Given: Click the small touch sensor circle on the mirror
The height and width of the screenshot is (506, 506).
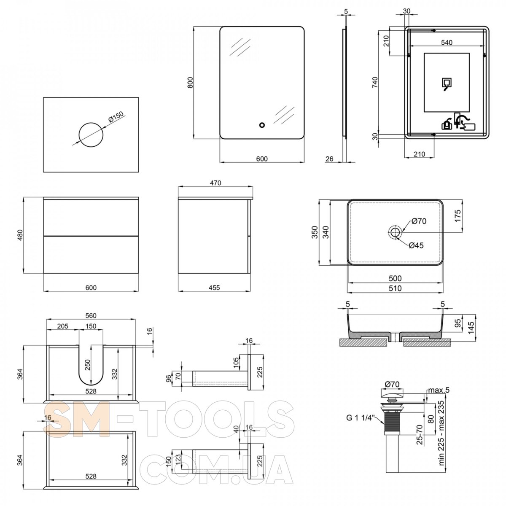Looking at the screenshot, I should [262, 125].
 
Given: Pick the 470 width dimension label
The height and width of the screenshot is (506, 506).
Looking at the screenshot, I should [215, 183].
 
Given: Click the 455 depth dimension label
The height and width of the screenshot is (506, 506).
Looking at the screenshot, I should [214, 288].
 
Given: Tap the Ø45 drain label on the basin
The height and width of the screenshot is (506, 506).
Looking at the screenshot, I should [416, 245].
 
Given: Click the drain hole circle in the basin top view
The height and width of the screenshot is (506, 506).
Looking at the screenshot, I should [395, 231].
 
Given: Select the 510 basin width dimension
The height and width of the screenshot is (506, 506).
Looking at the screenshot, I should [395, 288].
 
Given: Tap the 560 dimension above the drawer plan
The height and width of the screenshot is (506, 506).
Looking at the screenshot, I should [91, 315].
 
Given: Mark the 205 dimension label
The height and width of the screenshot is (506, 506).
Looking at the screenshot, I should [62, 326].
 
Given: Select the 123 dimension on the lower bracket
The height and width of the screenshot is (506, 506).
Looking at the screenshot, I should [179, 459].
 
